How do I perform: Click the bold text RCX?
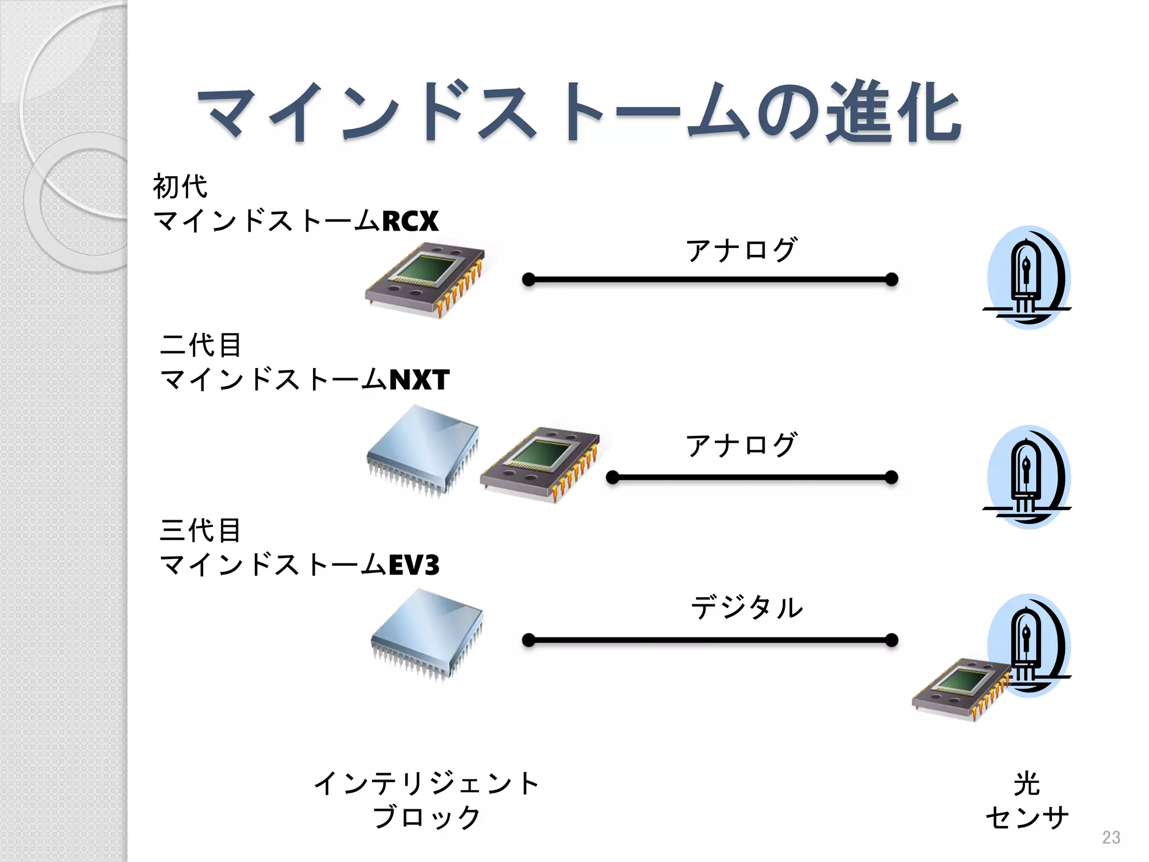[x=410, y=221]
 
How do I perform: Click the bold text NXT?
[x=419, y=380]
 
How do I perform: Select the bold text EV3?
[x=414, y=565]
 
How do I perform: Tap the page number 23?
[x=1111, y=837]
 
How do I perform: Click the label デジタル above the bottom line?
[x=747, y=608]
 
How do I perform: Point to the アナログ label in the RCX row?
[x=741, y=250]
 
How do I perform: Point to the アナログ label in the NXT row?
[x=741, y=445]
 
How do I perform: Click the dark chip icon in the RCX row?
[x=425, y=280]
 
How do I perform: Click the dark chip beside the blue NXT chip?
[x=540, y=464]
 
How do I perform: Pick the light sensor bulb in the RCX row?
[x=1028, y=278]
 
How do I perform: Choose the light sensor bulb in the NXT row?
[x=1028, y=477]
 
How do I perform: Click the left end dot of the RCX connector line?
[x=528, y=279]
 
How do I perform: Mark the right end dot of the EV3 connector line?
[x=891, y=640]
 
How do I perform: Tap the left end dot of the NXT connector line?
[x=613, y=478]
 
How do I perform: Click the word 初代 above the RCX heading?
[x=180, y=187]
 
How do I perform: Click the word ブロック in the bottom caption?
[x=426, y=817]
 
